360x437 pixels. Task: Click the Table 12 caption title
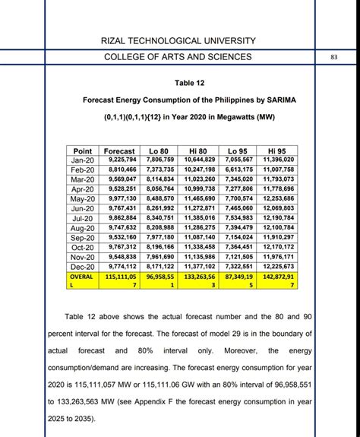[179, 83]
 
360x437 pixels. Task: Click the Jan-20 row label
[80, 160]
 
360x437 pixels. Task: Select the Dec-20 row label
[80, 267]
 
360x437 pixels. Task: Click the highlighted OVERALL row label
[80, 282]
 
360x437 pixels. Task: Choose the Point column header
[80, 151]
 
